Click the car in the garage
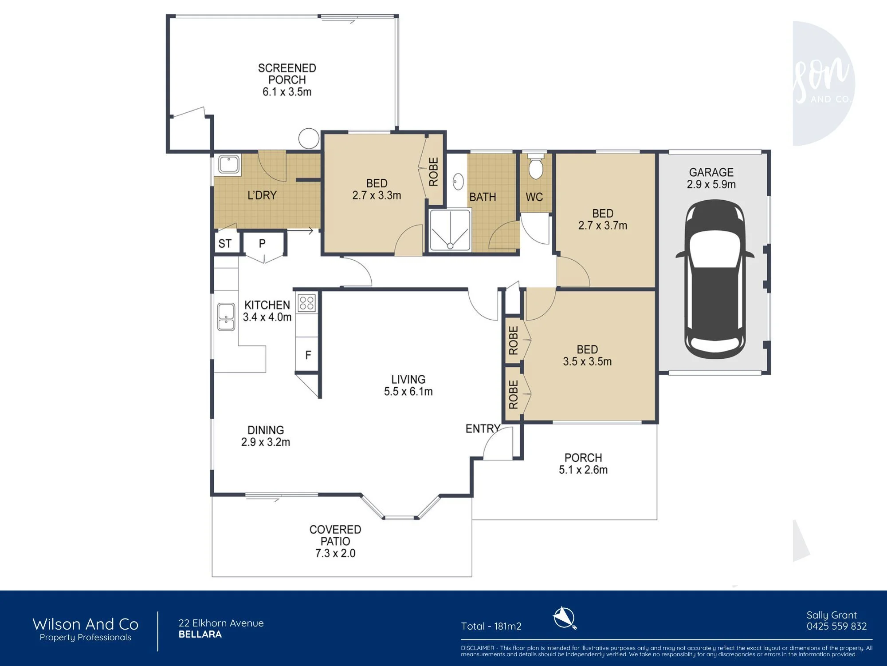coord(714,280)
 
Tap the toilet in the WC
coord(536,166)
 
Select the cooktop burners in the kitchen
coord(306,303)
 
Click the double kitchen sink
coord(226,317)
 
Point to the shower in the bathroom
coord(450,230)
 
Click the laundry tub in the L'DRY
coord(229,164)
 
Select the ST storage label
coord(225,243)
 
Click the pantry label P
coord(262,243)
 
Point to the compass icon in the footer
coord(565,618)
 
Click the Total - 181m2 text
coord(491,626)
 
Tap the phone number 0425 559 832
coord(836,626)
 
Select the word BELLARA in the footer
coord(200,634)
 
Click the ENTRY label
coord(483,428)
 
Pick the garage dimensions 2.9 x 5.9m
coord(711,184)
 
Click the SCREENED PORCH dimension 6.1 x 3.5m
coord(287,92)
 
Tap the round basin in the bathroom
coord(458,182)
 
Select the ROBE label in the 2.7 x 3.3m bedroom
coord(433,172)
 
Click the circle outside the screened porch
coord(309,139)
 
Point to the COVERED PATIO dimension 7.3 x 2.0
coord(335,553)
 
